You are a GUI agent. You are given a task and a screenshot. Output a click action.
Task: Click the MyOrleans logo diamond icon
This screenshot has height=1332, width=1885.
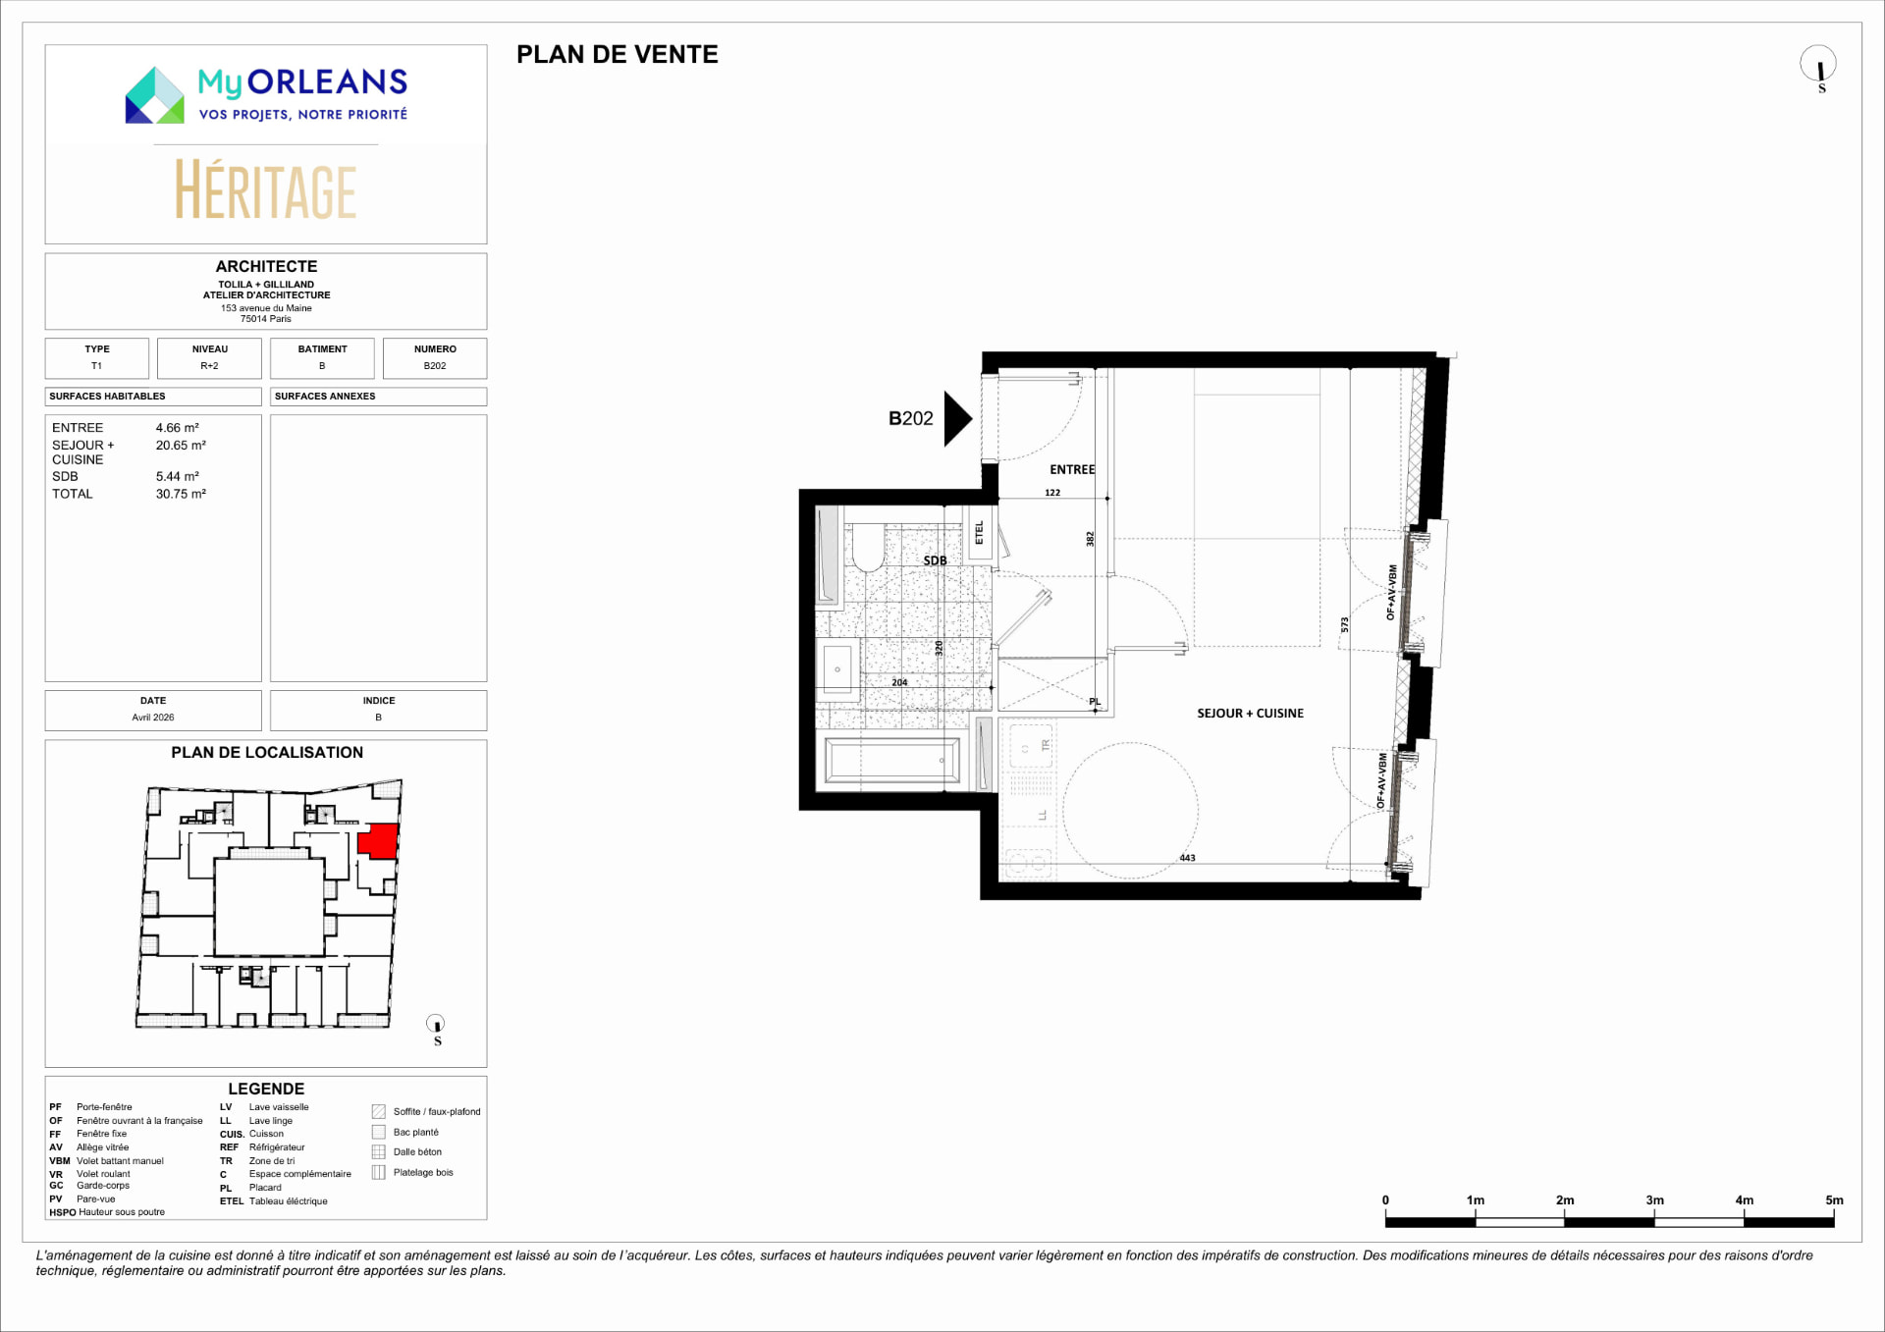(x=155, y=95)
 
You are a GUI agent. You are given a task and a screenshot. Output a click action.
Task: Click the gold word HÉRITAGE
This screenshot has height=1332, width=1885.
(x=266, y=190)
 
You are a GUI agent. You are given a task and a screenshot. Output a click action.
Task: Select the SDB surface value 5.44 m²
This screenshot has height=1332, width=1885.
(x=178, y=476)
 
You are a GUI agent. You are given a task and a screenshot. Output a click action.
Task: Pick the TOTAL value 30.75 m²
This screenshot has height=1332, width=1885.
(x=181, y=494)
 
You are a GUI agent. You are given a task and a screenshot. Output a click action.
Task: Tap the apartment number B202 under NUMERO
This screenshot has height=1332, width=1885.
(x=435, y=366)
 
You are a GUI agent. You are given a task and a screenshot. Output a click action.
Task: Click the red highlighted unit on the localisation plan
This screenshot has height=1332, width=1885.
(x=378, y=841)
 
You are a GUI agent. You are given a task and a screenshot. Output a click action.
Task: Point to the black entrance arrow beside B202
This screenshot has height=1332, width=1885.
(x=957, y=419)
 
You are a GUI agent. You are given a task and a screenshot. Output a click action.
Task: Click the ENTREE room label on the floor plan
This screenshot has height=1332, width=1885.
(x=1072, y=470)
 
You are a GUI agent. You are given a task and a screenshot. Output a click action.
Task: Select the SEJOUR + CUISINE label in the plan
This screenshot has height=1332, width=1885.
(x=1250, y=714)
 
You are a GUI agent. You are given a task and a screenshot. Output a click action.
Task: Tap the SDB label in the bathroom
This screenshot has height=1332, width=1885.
(x=935, y=560)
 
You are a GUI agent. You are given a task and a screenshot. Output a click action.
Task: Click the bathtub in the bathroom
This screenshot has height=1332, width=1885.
(x=891, y=761)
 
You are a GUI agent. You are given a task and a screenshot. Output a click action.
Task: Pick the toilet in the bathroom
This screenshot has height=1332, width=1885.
(x=868, y=547)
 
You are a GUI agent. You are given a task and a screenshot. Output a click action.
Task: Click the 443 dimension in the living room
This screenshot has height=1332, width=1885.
(x=1187, y=858)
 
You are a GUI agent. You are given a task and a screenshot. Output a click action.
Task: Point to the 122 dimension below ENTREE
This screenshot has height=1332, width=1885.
(x=1052, y=493)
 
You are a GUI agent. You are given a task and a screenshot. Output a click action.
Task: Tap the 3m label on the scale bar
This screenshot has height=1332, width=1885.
(x=1654, y=1200)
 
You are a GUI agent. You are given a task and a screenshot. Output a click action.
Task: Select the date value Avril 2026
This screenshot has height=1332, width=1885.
(x=153, y=718)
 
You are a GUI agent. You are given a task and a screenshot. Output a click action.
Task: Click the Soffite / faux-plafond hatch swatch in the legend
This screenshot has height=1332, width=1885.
(x=379, y=1112)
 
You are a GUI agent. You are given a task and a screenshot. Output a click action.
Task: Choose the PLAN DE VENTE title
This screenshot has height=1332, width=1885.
(x=618, y=55)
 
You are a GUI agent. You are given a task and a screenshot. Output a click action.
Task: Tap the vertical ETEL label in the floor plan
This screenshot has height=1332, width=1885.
(x=979, y=532)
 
